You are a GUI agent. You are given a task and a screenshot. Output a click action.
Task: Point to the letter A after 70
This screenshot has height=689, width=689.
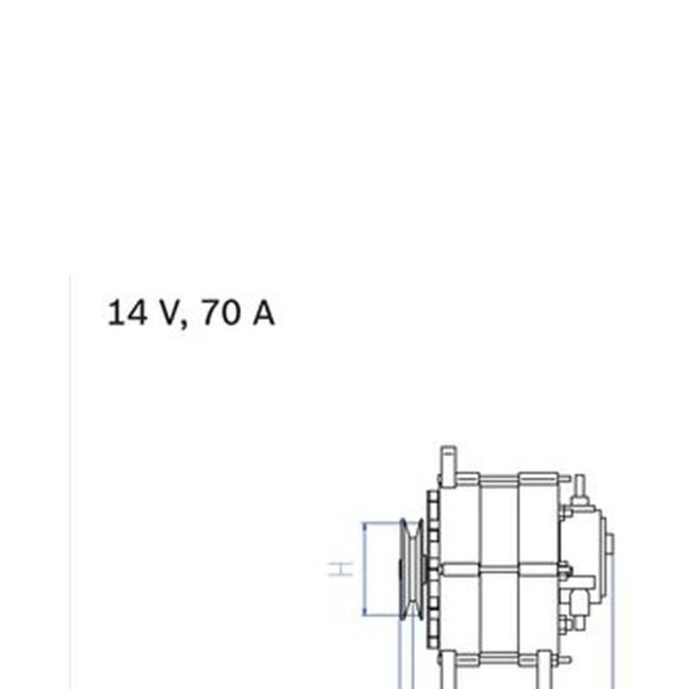tap(264, 313)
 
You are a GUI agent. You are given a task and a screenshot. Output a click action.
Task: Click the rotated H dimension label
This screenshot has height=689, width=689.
tap(341, 568)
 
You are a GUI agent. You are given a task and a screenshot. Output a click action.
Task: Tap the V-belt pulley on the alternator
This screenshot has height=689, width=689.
tap(412, 569)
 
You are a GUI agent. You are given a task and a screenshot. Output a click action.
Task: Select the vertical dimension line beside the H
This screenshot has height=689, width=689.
tap(364, 569)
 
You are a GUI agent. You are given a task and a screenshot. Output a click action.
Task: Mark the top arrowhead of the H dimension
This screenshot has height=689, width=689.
tap(364, 526)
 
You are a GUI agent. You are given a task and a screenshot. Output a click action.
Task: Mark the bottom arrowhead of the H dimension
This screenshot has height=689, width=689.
tap(364, 612)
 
